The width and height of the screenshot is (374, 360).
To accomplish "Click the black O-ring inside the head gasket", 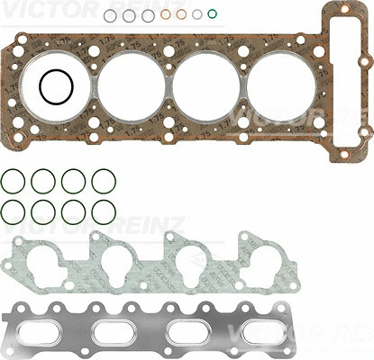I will coord(57,87).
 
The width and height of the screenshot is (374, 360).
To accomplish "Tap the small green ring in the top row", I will coord(212,13).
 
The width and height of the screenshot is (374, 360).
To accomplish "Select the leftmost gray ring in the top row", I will coord(109,15).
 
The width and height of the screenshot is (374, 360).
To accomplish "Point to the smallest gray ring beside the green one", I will coord(196,14).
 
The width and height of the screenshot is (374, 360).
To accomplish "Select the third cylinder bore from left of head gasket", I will coord(207,88).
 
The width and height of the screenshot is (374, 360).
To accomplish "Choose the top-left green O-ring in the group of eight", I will coord(13,181).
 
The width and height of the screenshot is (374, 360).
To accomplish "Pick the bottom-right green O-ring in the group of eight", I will coord(103,212).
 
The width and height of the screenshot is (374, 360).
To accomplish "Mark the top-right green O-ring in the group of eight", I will coord(103,181).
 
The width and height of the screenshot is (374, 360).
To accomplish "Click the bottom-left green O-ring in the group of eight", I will coord(13,212).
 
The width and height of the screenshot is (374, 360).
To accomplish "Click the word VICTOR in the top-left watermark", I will coord(32,9).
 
